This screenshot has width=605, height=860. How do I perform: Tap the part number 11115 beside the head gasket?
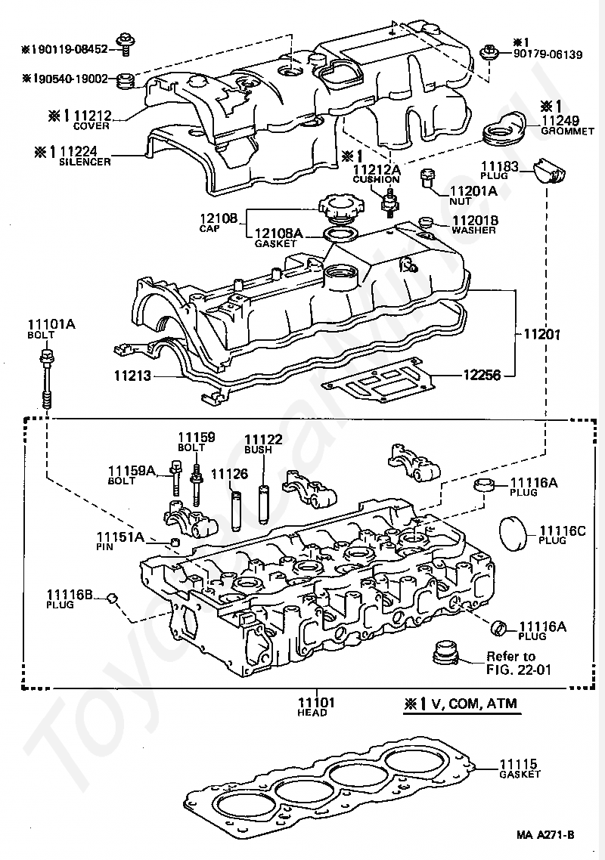pos(518,764)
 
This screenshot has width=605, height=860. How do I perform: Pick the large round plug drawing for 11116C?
pos(513,533)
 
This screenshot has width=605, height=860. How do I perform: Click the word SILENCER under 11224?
pos(85,162)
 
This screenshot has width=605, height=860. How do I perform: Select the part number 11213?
pos(133,376)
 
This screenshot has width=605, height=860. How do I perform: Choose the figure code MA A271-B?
pos(545,835)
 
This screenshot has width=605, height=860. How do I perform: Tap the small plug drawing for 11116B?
pos(113,597)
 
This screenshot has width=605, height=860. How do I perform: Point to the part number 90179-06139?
pos(548,54)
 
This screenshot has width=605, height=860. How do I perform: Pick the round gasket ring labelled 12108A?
pos(339,234)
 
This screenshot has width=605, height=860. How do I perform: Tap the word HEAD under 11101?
pos(312,713)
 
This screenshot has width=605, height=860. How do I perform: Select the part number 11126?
pos(229,473)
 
